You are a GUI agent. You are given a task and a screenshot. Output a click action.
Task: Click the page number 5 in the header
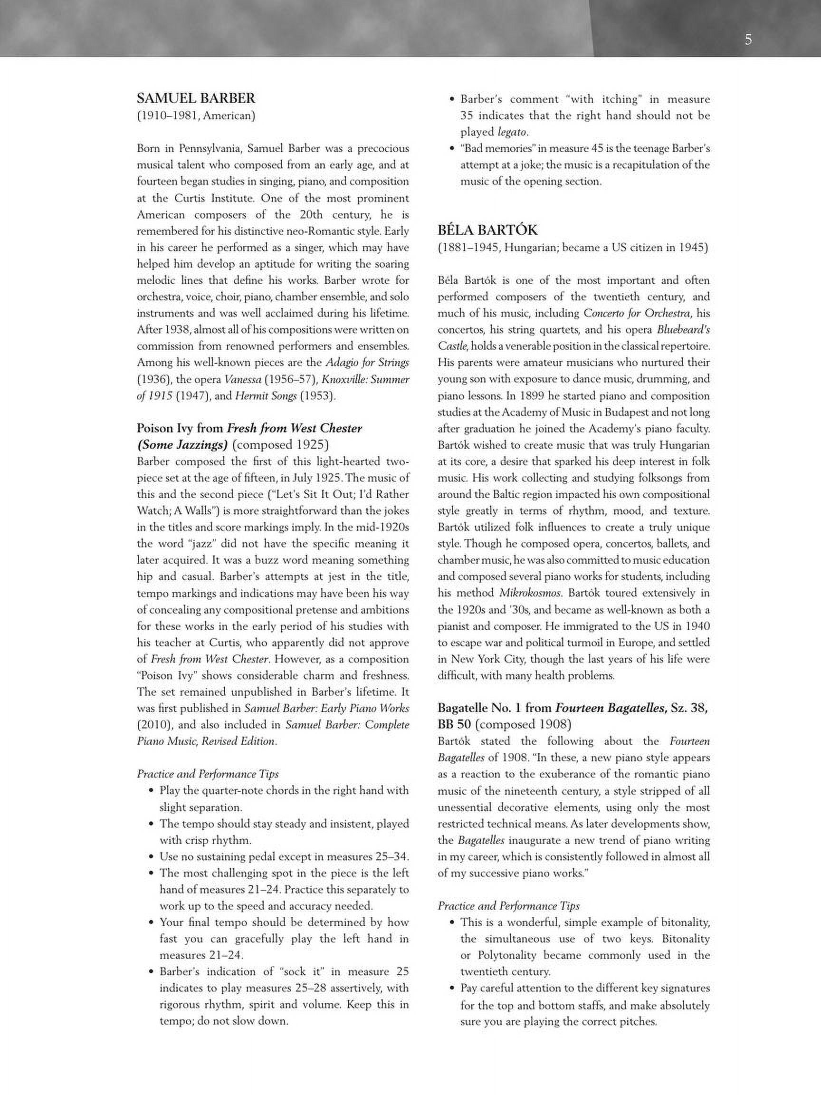748,39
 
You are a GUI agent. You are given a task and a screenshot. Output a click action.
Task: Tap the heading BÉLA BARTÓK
487,230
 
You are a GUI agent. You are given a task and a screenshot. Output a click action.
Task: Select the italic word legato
513,132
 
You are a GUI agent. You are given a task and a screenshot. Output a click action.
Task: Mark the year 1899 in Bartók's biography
531,396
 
